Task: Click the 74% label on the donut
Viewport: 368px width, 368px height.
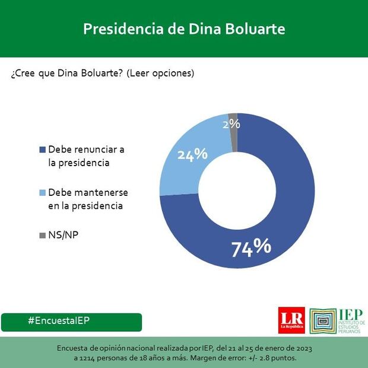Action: [x=251, y=246]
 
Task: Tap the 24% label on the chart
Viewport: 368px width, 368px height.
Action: [x=192, y=154]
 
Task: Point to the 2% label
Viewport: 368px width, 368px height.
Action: [x=231, y=124]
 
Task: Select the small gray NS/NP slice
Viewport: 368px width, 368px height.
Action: [x=233, y=116]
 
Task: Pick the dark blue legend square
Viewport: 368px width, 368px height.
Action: [x=42, y=149]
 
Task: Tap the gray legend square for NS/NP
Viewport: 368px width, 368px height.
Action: [x=42, y=235]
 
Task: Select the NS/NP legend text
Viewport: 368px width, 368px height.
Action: [x=64, y=235]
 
